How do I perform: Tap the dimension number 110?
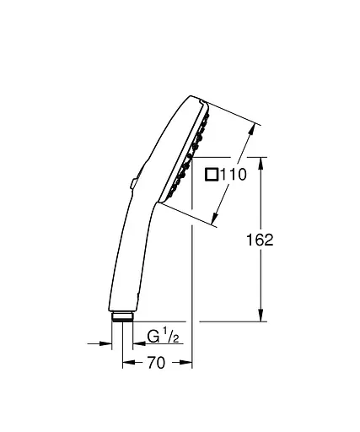pyautogui.click(x=232, y=175)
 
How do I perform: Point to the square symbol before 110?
pyautogui.click(x=212, y=175)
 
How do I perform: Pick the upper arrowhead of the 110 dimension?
pyautogui.click(x=250, y=129)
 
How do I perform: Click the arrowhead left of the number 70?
pyautogui.click(x=128, y=364)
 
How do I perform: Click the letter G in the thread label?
pyautogui.click(x=153, y=337)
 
